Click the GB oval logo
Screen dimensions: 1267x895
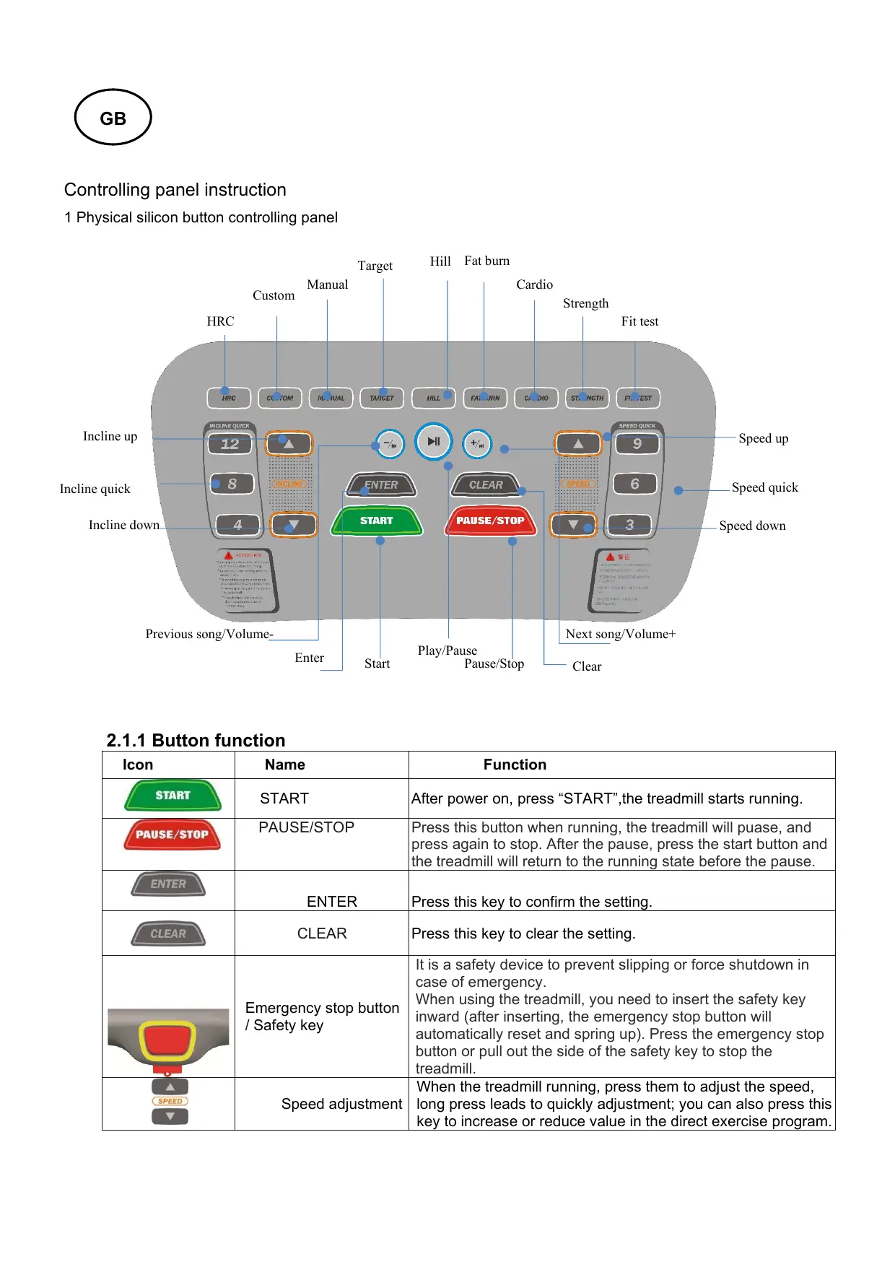(113, 118)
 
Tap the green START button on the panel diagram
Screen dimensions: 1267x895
(376, 521)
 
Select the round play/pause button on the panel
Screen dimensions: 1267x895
(433, 441)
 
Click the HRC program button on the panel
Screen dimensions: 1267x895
(229, 398)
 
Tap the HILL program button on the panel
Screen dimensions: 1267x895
(433, 398)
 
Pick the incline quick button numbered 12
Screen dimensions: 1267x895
(230, 444)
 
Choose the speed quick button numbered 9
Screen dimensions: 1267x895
(637, 444)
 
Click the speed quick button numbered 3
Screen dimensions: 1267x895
(629, 525)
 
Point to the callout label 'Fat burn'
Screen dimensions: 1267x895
(486, 261)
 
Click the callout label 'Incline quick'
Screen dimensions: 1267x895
(95, 489)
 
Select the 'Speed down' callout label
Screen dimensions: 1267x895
(752, 526)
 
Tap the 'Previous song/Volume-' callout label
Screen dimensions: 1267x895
(209, 634)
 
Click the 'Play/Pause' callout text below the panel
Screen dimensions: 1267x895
(447, 650)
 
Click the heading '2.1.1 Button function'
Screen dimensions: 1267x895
(196, 740)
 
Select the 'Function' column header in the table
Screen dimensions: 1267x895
(515, 765)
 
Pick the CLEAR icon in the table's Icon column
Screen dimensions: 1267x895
(168, 933)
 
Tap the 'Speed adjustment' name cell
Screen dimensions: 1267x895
(341, 1104)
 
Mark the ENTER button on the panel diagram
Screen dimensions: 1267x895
(381, 485)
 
